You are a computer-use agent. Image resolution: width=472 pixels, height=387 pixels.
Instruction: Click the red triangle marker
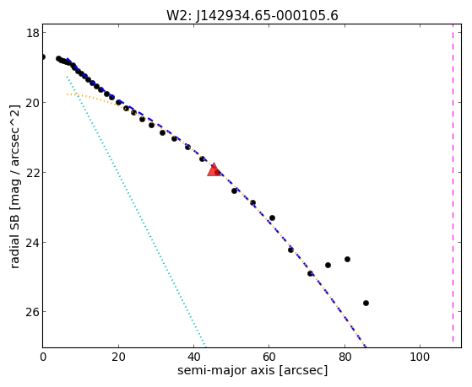[x=214, y=170]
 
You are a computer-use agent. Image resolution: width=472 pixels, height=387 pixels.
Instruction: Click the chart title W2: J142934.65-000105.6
[x=252, y=15]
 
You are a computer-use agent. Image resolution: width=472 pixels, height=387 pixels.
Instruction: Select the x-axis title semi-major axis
[x=252, y=370]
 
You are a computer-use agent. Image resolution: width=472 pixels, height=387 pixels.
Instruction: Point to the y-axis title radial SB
[x=14, y=186]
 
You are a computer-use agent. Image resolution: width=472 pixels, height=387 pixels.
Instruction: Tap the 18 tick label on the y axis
[x=33, y=33]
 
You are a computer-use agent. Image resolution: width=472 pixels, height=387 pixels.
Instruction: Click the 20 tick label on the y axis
[x=33, y=103]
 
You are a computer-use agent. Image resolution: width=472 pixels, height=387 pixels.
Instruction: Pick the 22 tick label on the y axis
[x=33, y=172]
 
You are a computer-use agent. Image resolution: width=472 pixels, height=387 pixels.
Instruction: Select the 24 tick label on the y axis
[x=33, y=242]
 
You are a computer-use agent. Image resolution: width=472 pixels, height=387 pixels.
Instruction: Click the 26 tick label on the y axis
[x=33, y=312]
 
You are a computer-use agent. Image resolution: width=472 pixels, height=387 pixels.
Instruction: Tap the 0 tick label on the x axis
[x=43, y=357]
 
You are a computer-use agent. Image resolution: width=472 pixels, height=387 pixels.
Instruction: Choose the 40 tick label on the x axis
[x=193, y=357]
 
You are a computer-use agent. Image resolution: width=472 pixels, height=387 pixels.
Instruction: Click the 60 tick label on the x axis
[x=269, y=357]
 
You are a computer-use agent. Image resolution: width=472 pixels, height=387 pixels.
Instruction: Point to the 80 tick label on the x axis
[x=345, y=357]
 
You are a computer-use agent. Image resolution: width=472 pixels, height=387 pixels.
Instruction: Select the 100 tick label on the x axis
[x=420, y=357]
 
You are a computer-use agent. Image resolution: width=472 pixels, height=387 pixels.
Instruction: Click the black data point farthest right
[x=366, y=303]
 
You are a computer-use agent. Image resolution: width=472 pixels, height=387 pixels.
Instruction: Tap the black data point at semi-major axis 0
[x=43, y=56]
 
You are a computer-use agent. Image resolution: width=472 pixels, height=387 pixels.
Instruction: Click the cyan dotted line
[x=136, y=212]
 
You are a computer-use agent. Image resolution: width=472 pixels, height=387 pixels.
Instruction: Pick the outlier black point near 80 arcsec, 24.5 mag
[x=347, y=259]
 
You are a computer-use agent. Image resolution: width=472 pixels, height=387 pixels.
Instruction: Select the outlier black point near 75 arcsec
[x=328, y=266]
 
